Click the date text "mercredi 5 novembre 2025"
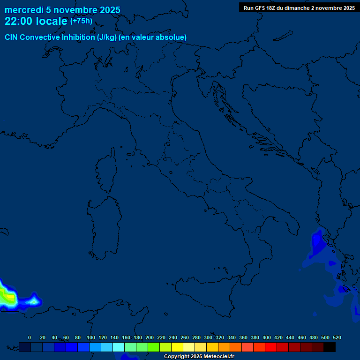click(62, 10)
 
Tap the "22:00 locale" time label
click(36, 21)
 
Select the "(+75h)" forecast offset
click(81, 21)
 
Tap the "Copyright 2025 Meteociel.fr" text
click(199, 357)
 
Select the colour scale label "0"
click(30, 337)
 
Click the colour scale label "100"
click(90, 337)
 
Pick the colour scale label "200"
click(150, 337)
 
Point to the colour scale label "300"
click(208, 337)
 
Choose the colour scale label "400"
click(267, 337)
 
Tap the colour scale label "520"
click(337, 337)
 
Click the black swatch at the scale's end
click(330, 347)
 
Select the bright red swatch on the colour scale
click(271, 347)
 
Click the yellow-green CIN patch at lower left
click(7, 296)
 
